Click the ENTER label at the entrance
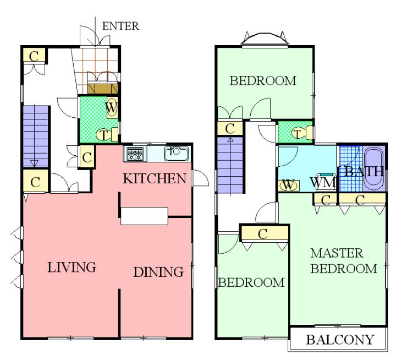pyautogui.click(x=120, y=26)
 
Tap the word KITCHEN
pyautogui.click(x=155, y=178)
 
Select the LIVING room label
pyautogui.click(x=71, y=267)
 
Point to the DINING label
pyautogui.click(x=158, y=272)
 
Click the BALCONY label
pyautogui.click(x=340, y=340)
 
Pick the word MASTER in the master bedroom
pyautogui.click(x=337, y=253)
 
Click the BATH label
pyautogui.click(x=364, y=171)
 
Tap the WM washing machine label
pyautogui.click(x=323, y=182)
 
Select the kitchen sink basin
pyautogui.click(x=176, y=154)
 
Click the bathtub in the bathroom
pyautogui.click(x=373, y=169)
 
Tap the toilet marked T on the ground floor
pyautogui.click(x=107, y=135)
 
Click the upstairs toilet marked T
pyautogui.click(x=301, y=133)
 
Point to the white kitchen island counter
pyautogui.click(x=144, y=216)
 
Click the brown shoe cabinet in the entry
pyautogui.click(x=102, y=88)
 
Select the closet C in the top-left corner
pyautogui.click(x=34, y=56)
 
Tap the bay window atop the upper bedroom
pyautogui.click(x=265, y=40)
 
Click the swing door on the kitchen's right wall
pyautogui.click(x=200, y=178)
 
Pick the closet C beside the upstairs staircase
pyautogui.click(x=230, y=129)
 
